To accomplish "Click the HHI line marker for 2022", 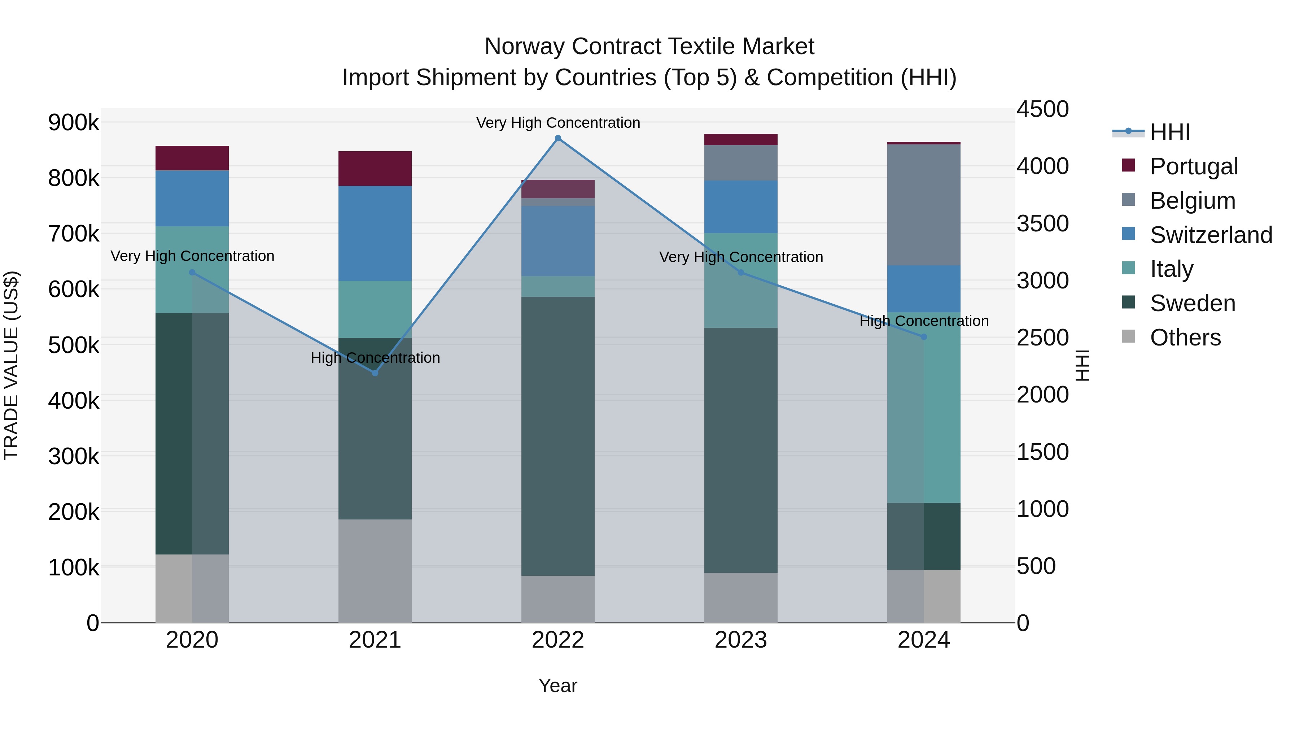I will pyautogui.click(x=558, y=138).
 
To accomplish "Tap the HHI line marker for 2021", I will pyautogui.click(x=375, y=373).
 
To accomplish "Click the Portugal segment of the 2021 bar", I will pyautogui.click(x=375, y=169).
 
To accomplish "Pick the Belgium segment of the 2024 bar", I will pyautogui.click(x=923, y=204).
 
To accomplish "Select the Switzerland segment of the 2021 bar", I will pyautogui.click(x=375, y=233).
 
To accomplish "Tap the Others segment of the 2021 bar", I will pyautogui.click(x=375, y=571).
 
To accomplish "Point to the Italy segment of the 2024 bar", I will pyautogui.click(x=923, y=408).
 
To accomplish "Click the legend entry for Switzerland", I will pyautogui.click(x=1211, y=235).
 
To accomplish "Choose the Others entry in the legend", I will pyautogui.click(x=1185, y=338).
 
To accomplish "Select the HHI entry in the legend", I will pyautogui.click(x=1169, y=132).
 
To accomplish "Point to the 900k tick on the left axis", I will pyautogui.click(x=74, y=123).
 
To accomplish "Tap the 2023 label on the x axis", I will pyautogui.click(x=740, y=640).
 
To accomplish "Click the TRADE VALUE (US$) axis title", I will pyautogui.click(x=12, y=365).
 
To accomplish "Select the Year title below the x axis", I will pyautogui.click(x=558, y=686).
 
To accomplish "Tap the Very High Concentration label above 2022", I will pyautogui.click(x=558, y=123).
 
